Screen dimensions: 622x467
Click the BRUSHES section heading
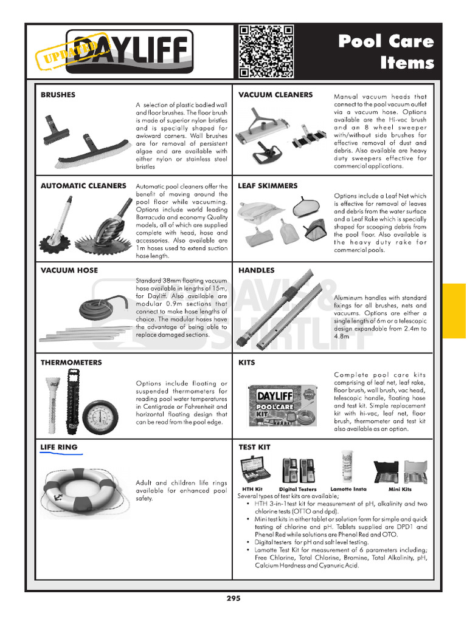point(58,95)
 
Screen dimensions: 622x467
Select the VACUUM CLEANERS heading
point(275,95)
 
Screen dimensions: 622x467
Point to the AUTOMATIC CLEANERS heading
point(83,186)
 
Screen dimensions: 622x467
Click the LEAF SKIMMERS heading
point(268,186)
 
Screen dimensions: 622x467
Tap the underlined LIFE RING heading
point(58,447)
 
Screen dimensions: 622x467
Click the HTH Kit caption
point(252,489)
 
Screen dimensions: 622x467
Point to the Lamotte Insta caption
point(348,489)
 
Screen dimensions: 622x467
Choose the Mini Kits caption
point(400,489)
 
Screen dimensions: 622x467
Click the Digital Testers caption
point(297,489)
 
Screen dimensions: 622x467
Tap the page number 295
point(233,598)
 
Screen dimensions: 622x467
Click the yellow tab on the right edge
point(454,310)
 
